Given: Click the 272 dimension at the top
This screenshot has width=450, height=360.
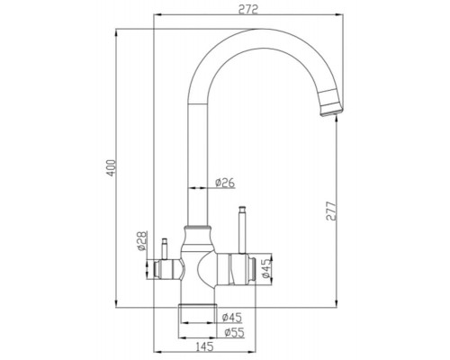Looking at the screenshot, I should tap(249, 10).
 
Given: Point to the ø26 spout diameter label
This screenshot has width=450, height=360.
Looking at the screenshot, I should tap(225, 184).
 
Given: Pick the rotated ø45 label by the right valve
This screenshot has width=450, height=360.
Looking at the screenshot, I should tap(264, 267).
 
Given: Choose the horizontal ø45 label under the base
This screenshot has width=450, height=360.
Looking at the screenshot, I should tap(232, 316).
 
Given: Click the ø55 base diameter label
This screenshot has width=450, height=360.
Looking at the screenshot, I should tap(232, 331).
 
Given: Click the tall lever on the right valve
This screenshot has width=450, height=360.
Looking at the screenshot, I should tap(241, 229).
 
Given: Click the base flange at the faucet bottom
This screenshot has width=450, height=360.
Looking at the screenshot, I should tap(200, 314).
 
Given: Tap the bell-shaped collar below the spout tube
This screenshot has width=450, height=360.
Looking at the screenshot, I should tap(200, 237).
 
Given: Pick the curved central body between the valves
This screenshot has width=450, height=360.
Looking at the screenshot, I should tap(200, 270).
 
